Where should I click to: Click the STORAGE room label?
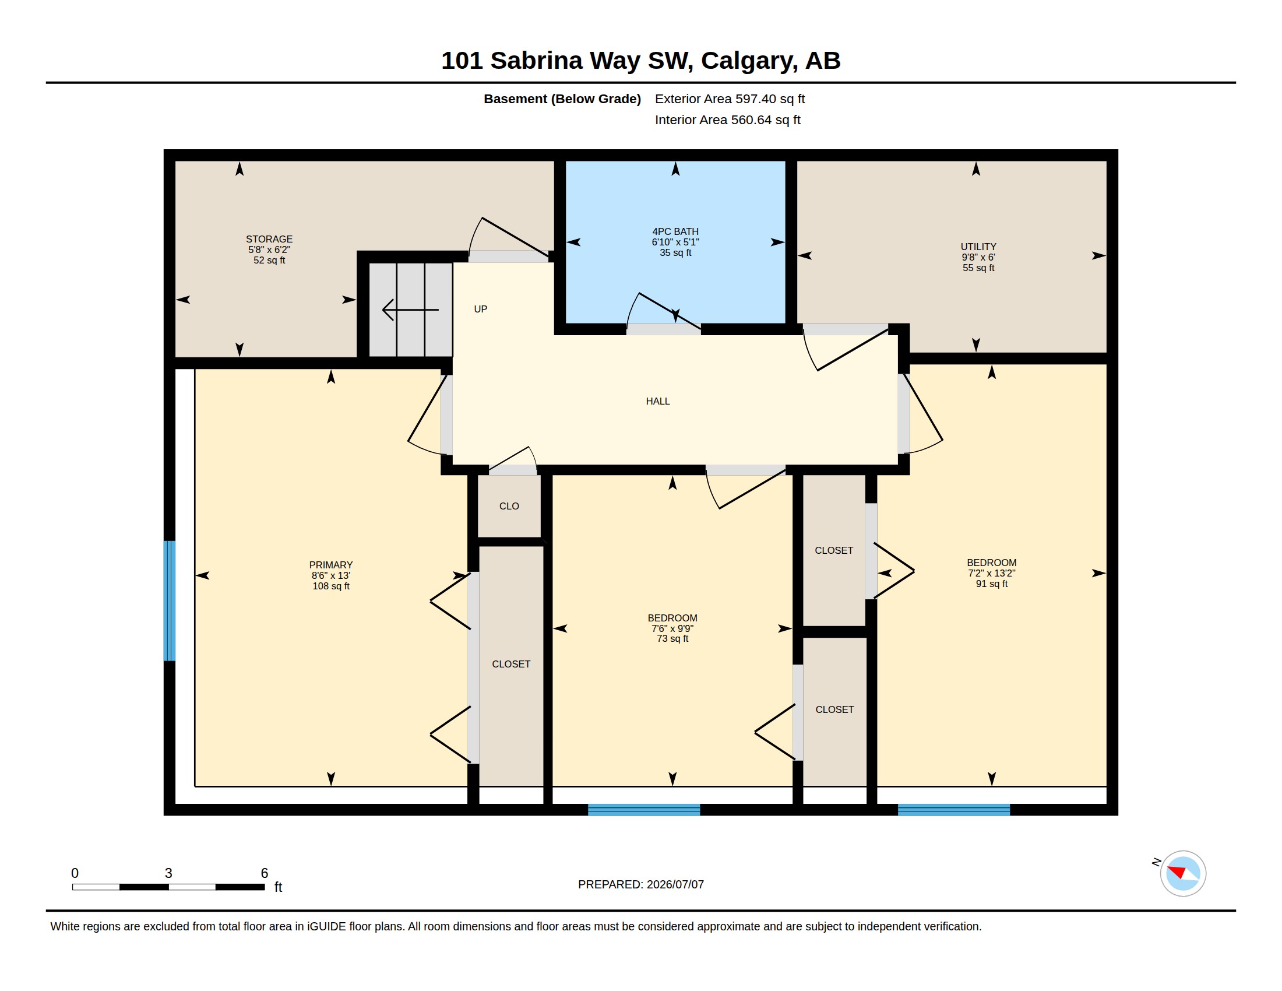tap(269, 239)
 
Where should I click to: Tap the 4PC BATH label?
tap(675, 231)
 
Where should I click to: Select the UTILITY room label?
tap(978, 247)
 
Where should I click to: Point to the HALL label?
tap(657, 401)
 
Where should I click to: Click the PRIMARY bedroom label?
tap(330, 565)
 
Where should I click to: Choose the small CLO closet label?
tap(509, 506)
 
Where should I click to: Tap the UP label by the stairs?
tap(480, 309)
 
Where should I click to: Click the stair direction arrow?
tap(410, 310)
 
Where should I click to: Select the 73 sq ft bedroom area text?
tap(672, 639)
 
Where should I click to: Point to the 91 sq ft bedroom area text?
tap(991, 584)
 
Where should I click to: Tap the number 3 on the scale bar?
tap(168, 873)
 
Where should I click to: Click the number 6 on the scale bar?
tap(264, 873)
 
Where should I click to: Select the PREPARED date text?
tap(640, 884)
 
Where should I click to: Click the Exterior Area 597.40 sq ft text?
tap(730, 99)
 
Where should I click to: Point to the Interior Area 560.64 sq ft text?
tap(727, 120)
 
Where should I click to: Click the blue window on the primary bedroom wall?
tap(169, 600)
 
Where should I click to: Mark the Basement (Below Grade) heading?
tap(562, 99)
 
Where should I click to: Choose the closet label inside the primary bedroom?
tap(510, 664)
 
